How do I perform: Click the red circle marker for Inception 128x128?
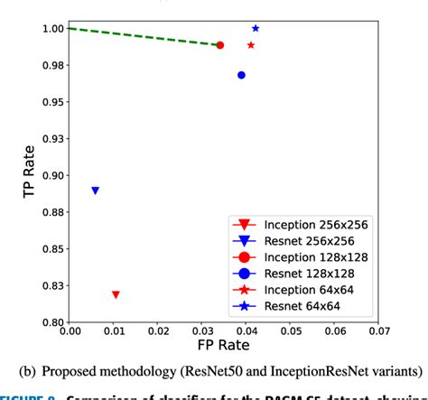point(220,45)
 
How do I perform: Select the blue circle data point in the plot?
point(241,75)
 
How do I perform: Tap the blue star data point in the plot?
point(256,29)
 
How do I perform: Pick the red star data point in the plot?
point(251,45)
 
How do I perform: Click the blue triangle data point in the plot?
point(95,191)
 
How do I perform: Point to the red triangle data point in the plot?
point(116,295)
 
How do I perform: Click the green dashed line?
point(144,36)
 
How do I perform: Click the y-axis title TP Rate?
point(16,175)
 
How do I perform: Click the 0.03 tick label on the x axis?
point(202,331)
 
